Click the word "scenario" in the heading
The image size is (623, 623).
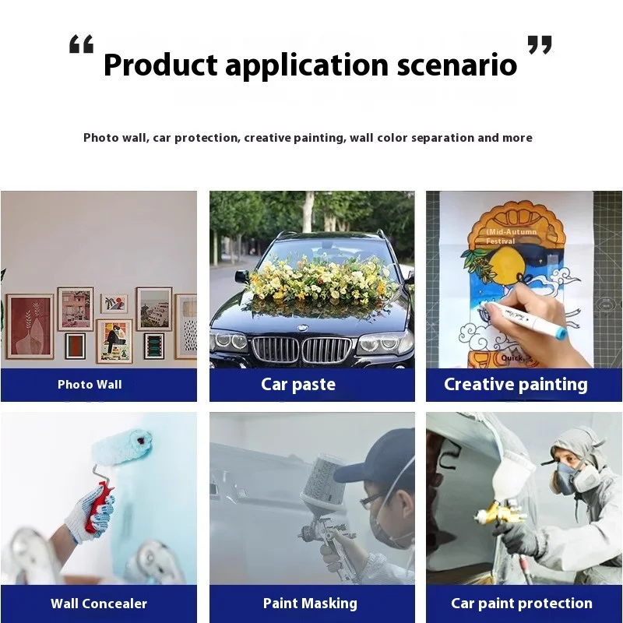pyautogui.click(x=457, y=65)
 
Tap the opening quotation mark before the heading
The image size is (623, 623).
pyautogui.click(x=82, y=44)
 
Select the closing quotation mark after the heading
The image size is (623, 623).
pyautogui.click(x=540, y=44)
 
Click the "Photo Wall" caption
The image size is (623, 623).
pyautogui.click(x=90, y=385)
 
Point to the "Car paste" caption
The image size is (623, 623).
pyautogui.click(x=298, y=384)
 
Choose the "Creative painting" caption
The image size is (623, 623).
pyautogui.click(x=516, y=385)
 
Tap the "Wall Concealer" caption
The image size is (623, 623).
pyautogui.click(x=99, y=604)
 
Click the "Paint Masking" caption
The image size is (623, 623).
pyautogui.click(x=310, y=603)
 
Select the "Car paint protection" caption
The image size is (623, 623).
pyautogui.click(x=522, y=603)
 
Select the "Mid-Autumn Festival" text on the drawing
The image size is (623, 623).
pyautogui.click(x=512, y=237)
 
